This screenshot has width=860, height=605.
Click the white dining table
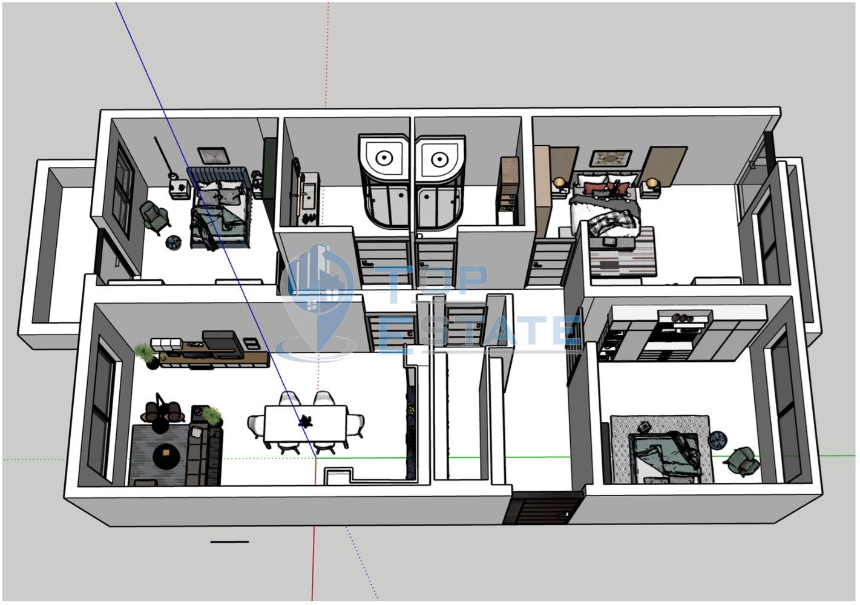306,423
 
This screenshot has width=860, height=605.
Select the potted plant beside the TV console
146,356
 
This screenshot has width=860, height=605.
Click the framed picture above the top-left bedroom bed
214,155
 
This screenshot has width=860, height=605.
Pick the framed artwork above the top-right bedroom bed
611,158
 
